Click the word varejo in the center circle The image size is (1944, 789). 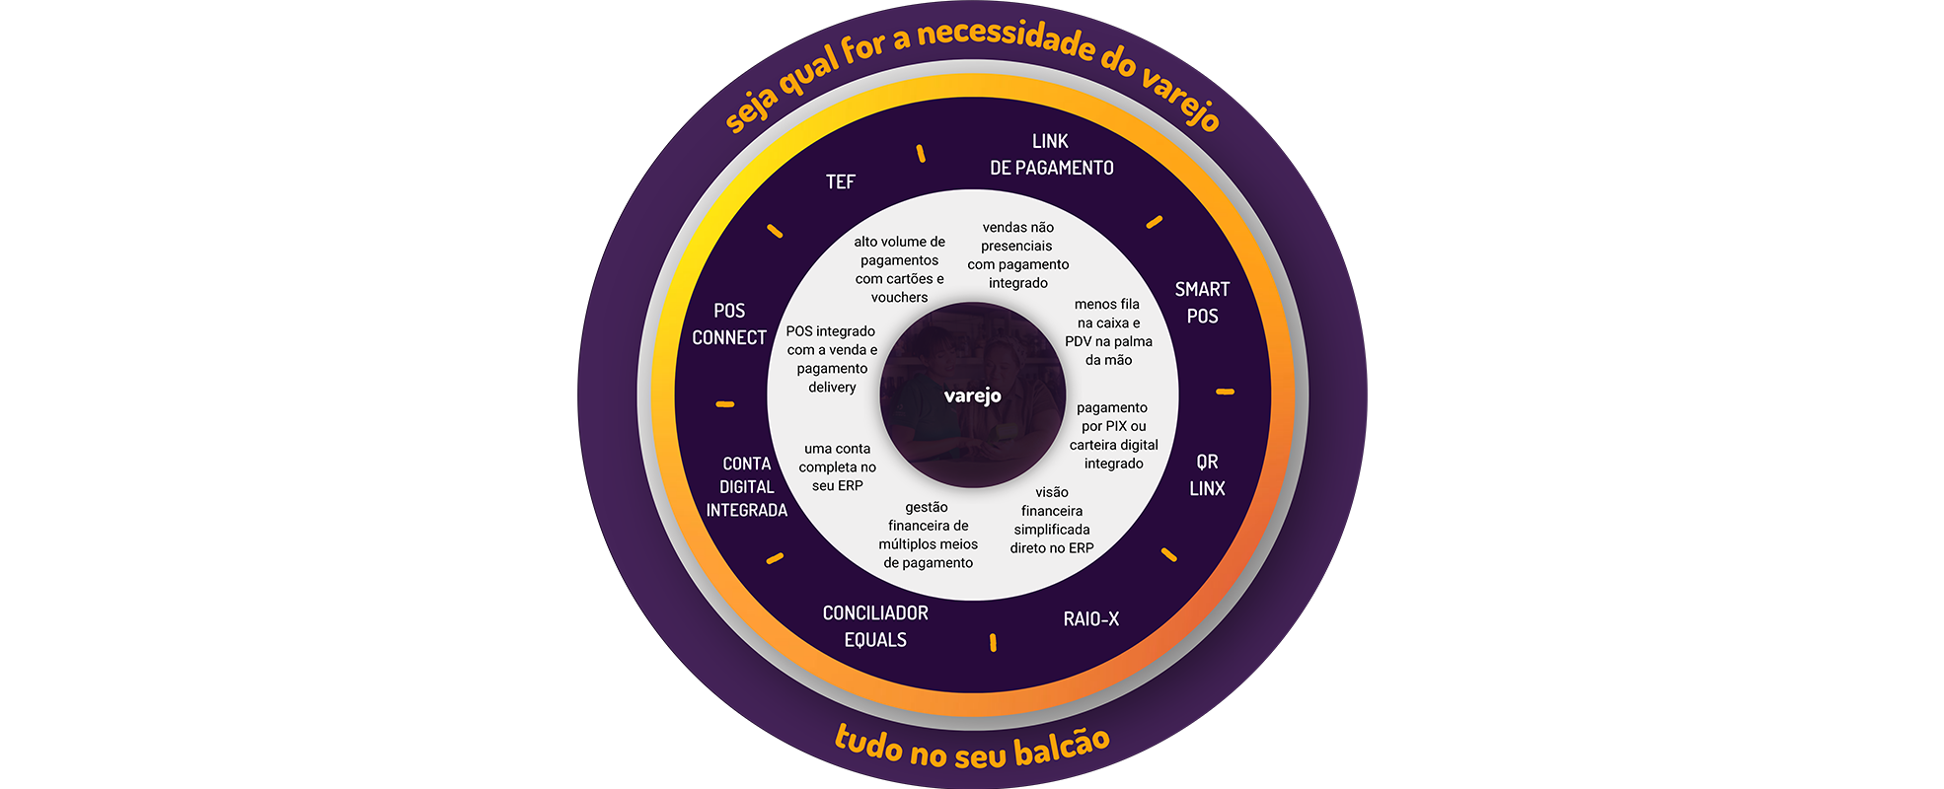coord(972,395)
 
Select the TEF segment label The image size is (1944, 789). coord(841,181)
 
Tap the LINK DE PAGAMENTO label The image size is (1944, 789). coord(1051,155)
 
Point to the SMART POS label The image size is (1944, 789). coord(1202,303)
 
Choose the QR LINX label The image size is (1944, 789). coord(1207,475)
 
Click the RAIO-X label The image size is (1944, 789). coord(1090,619)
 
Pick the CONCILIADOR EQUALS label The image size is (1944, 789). coord(875,626)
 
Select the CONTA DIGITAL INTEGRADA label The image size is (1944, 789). coord(747,486)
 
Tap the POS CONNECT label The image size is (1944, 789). coord(729,323)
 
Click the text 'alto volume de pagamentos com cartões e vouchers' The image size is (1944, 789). coord(899,269)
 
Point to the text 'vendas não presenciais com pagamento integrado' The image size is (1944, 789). coord(1018,255)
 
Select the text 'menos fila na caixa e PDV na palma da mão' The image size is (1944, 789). coord(1108,332)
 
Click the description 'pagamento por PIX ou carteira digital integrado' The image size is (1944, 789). coord(1113,436)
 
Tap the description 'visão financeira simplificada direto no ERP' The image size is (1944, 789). coord(1052,520)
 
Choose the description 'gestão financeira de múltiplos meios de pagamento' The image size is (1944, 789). coord(928,535)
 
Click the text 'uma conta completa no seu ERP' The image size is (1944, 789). coord(837,466)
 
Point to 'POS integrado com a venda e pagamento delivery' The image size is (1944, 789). coord(832,359)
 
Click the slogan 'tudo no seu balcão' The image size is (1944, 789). coord(972,747)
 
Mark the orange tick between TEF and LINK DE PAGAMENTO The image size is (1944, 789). coord(921,153)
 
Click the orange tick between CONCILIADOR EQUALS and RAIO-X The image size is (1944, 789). coord(993,643)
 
